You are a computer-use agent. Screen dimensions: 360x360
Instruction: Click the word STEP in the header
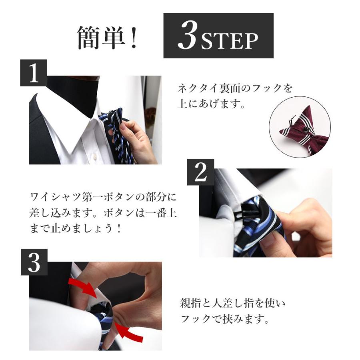(230, 41)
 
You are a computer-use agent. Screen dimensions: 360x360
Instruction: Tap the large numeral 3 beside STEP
(188, 36)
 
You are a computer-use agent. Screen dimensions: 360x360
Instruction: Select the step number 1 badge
(34, 73)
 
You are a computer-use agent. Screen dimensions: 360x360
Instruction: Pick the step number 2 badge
(201, 172)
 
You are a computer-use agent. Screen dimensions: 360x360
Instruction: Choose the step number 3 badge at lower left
(34, 262)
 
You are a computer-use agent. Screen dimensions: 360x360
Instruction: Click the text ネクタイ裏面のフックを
(235, 88)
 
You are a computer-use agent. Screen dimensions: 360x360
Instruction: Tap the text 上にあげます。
(211, 104)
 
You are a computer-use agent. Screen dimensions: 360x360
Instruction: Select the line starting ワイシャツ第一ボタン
(103, 197)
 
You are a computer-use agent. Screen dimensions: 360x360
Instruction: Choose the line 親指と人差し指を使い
(232, 303)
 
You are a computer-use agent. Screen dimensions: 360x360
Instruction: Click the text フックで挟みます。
(224, 319)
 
